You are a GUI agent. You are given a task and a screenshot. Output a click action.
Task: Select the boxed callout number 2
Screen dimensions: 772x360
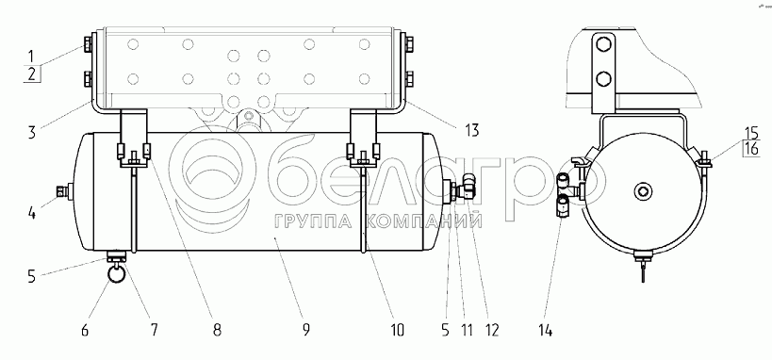coord(32,74)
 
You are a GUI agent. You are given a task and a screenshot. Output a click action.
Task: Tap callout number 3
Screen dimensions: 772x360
coord(31,133)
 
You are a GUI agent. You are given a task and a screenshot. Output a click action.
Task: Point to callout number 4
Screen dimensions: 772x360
coord(31,214)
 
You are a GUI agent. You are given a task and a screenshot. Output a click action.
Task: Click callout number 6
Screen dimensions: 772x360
coord(85,330)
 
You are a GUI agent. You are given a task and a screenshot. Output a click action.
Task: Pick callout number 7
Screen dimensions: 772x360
coord(154,330)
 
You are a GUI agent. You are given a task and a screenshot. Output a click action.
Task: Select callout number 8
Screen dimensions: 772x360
coord(217,330)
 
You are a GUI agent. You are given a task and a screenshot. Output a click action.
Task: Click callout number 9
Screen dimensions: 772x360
coord(305,330)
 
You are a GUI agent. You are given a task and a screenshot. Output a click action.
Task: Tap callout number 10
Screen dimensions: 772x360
coord(396,330)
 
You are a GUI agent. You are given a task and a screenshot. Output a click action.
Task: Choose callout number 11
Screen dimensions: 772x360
coord(466,330)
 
